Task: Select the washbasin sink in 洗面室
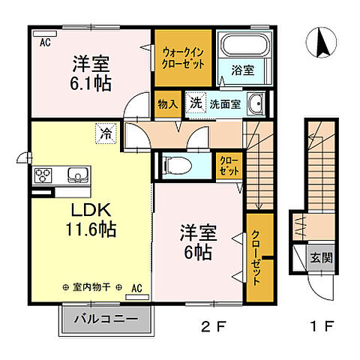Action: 256,104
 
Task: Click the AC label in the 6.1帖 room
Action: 45,42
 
